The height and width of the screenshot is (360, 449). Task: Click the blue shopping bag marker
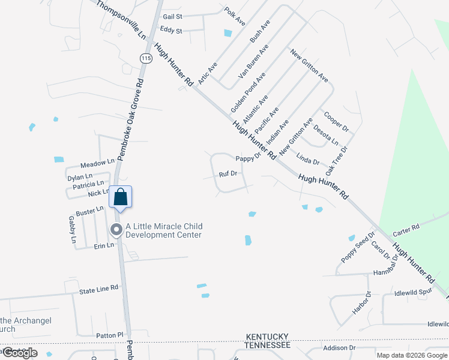point(120,197)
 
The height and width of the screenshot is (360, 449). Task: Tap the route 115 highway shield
point(145,58)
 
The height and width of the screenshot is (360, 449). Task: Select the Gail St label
point(172,17)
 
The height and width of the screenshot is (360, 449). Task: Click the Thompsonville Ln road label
point(121,20)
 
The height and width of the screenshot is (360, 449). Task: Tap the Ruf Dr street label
point(228,174)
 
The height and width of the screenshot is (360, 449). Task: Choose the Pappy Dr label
point(248,158)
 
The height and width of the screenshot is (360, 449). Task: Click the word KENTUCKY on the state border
point(267,337)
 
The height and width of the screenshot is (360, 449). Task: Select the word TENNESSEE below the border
point(267,346)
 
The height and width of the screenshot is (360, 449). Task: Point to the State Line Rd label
point(99,289)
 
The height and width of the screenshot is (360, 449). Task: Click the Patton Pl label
point(109,335)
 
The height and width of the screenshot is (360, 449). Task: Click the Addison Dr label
point(339,348)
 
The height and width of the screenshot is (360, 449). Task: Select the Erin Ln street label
point(103,245)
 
